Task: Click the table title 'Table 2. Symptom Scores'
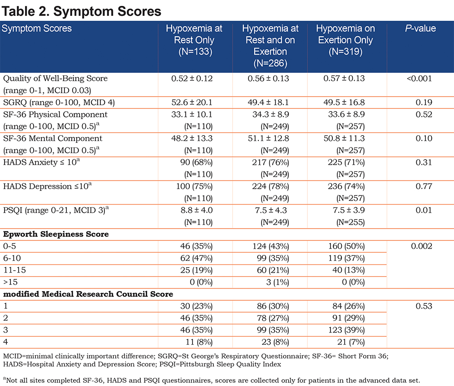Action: click(x=81, y=12)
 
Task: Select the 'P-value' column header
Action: click(x=420, y=29)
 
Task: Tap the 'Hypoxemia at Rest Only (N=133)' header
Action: click(x=194, y=40)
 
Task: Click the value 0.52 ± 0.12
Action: click(x=192, y=78)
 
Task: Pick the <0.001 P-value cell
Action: click(x=419, y=78)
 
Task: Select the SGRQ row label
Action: click(x=59, y=103)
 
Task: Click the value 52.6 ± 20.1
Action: click(x=192, y=103)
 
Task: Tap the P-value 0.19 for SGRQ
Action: click(x=424, y=103)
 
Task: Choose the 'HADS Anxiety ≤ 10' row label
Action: click(x=41, y=162)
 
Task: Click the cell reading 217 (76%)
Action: click(x=271, y=162)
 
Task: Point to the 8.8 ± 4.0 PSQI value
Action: click(x=197, y=210)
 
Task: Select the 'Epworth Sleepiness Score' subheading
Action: click(x=56, y=234)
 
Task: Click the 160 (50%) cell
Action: click(x=346, y=246)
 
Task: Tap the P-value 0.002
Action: click(x=422, y=246)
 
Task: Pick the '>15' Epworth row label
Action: click(x=10, y=282)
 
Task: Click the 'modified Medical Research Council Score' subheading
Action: click(x=88, y=294)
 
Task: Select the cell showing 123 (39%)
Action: click(x=346, y=330)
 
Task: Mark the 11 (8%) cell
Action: click(x=199, y=342)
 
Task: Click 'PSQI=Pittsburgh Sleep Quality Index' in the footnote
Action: click(x=220, y=364)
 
